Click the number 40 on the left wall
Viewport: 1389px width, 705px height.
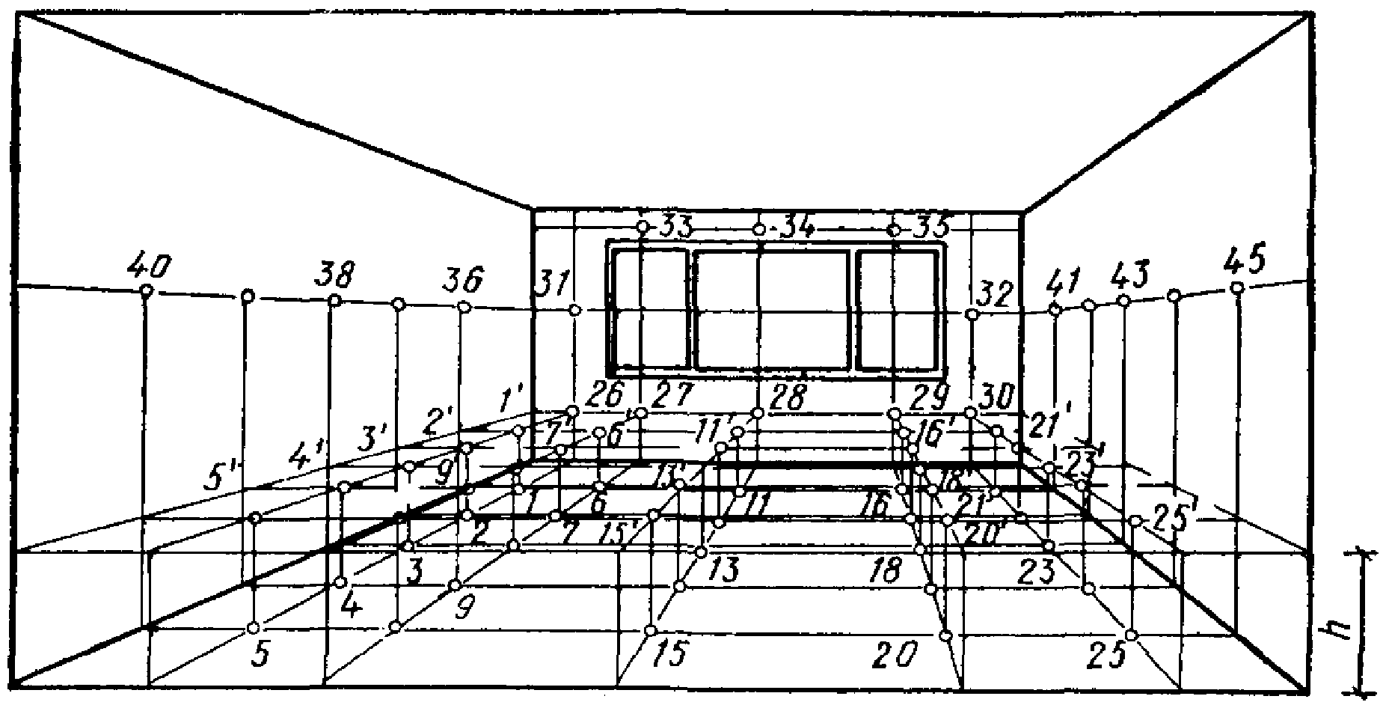tap(150, 266)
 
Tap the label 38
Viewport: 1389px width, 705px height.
tap(334, 275)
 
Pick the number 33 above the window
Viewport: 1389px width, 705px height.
tap(675, 225)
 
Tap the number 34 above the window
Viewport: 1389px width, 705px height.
tap(797, 226)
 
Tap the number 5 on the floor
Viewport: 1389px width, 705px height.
tap(259, 653)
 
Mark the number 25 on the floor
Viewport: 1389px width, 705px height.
tap(1107, 656)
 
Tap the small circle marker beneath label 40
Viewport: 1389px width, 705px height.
tap(147, 290)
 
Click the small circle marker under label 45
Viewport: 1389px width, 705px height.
tap(1237, 287)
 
